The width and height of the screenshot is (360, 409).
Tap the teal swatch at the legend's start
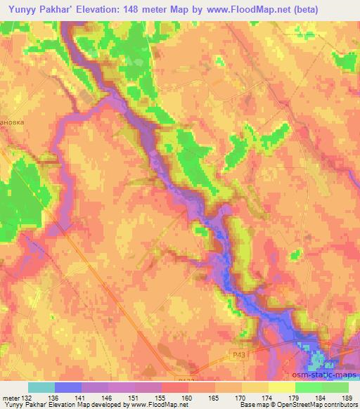point(41,387)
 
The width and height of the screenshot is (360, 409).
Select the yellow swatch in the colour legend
point(281,387)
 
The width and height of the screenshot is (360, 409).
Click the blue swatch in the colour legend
point(67,387)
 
